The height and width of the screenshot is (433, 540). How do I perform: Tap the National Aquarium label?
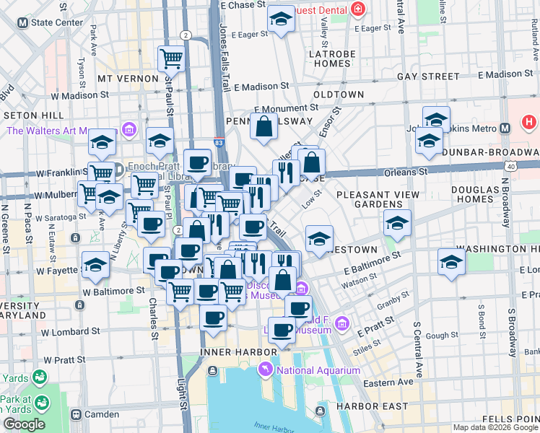[x=318, y=370]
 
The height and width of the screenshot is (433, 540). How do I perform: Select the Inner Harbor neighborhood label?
[x=238, y=351]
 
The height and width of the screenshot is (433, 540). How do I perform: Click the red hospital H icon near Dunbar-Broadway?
[x=529, y=123]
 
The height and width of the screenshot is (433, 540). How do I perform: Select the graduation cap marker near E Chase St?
[x=279, y=19]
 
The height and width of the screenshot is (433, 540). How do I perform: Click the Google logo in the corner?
[x=24, y=424]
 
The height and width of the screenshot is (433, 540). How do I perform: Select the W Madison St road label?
[x=79, y=95]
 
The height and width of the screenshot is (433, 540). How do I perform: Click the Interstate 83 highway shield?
[x=219, y=144]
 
